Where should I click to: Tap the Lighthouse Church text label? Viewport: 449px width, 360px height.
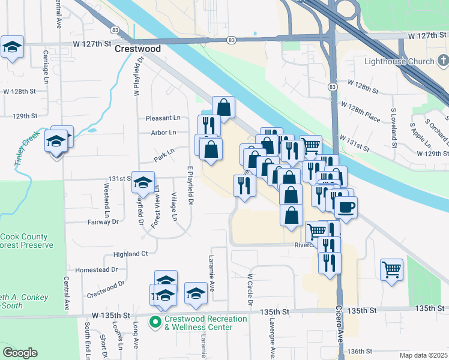399,62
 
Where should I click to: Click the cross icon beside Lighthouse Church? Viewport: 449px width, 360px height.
442,61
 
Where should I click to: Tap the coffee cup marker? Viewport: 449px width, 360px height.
345,208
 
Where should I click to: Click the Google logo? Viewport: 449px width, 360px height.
20,353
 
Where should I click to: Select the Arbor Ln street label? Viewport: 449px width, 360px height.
164,133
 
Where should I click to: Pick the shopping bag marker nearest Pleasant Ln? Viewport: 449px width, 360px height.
223,108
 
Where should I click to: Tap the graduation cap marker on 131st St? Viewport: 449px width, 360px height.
143,182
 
